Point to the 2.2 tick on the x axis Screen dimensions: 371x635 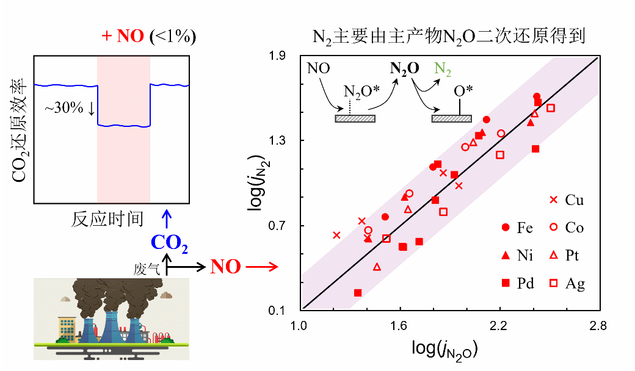499,326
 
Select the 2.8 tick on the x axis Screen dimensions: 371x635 598,326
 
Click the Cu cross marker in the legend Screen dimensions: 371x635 553,200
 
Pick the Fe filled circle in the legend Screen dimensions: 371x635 505,228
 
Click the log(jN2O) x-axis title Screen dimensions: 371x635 445,349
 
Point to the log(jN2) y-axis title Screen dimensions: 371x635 256,184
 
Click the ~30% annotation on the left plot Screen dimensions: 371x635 70,109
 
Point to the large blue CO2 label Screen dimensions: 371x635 169,243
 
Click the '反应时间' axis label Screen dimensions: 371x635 108,218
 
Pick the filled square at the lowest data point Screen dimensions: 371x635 358,293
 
